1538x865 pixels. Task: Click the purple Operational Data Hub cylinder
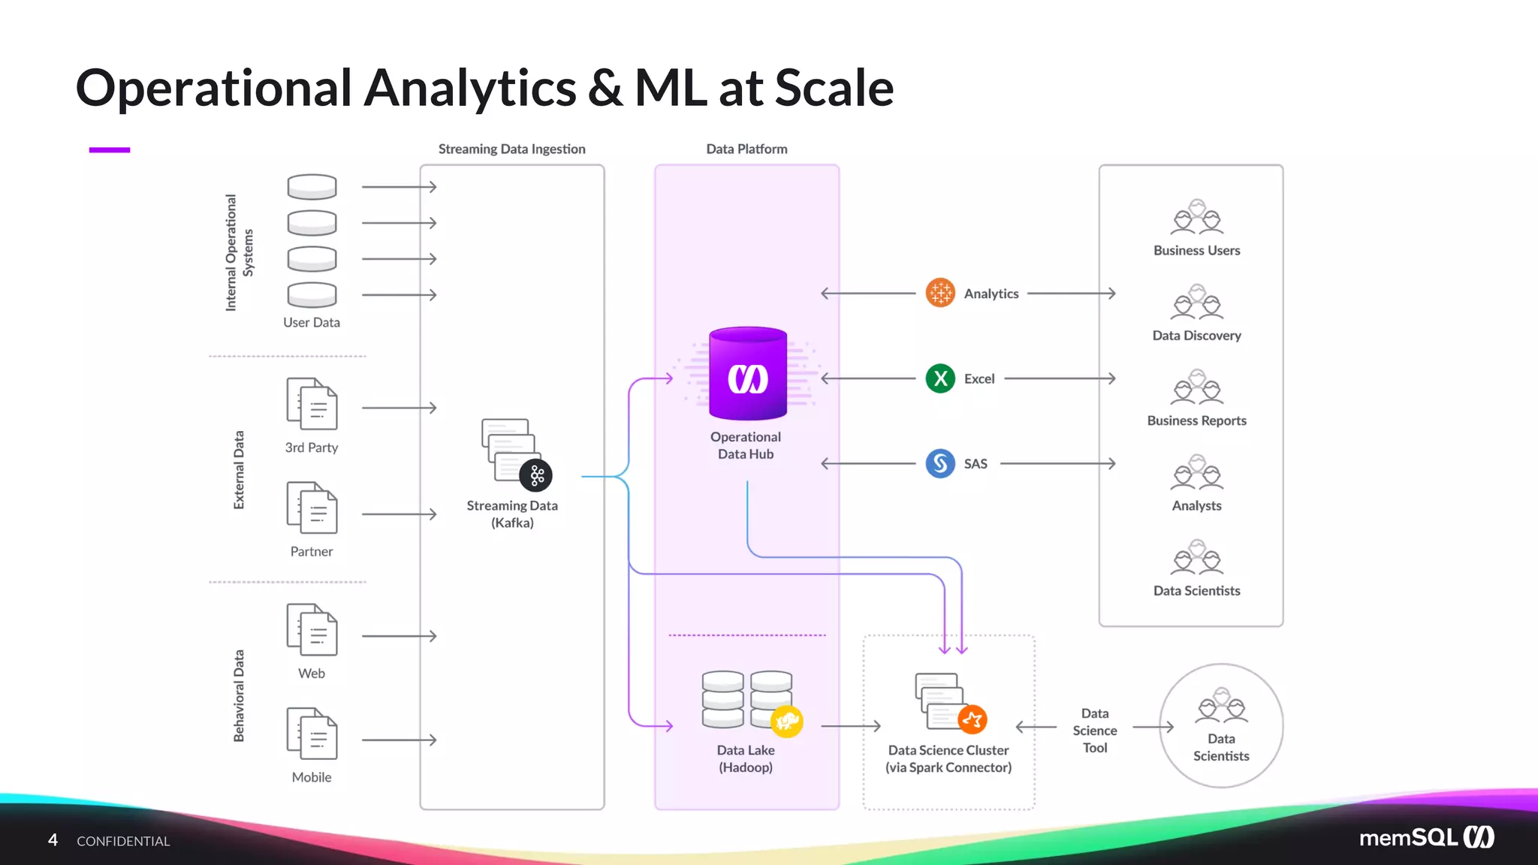click(747, 374)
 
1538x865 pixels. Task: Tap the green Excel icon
click(940, 378)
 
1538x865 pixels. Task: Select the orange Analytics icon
click(940, 293)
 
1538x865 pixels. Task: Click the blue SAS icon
click(940, 463)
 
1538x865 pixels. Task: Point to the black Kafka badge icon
click(536, 475)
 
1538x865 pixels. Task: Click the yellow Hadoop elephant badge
click(787, 722)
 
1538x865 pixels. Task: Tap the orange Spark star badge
click(973, 719)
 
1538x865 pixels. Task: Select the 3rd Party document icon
click(312, 404)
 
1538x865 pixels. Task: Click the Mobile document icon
click(312, 734)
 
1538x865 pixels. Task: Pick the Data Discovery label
click(1196, 336)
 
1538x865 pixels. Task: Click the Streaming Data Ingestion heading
click(511, 149)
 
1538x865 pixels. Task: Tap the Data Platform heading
click(746, 149)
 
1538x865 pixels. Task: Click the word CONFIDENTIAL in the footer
click(123, 841)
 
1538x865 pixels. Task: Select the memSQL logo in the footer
click(1426, 837)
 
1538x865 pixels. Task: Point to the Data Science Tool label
click(1094, 730)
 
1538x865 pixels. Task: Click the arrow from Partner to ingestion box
click(399, 514)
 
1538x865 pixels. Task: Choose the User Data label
click(312, 323)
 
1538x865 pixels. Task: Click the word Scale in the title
click(834, 89)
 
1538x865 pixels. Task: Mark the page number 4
click(53, 839)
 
